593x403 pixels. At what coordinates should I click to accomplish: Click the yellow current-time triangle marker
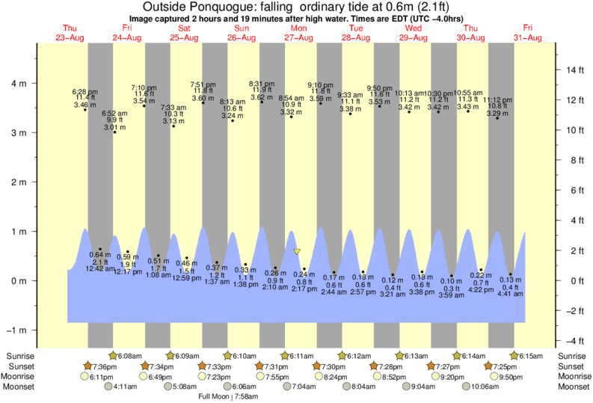pos(297,252)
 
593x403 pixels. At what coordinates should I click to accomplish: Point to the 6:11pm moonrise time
pos(102,377)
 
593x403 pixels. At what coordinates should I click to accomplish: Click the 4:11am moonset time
pos(124,387)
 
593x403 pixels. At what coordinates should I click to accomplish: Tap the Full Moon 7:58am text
pos(228,396)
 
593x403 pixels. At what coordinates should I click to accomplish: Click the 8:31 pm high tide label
pos(262,84)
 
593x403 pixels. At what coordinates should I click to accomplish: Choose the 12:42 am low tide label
pos(99,268)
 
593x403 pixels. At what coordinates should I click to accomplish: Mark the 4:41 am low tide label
pos(511,294)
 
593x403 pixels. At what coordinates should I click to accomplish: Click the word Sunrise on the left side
pos(20,356)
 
